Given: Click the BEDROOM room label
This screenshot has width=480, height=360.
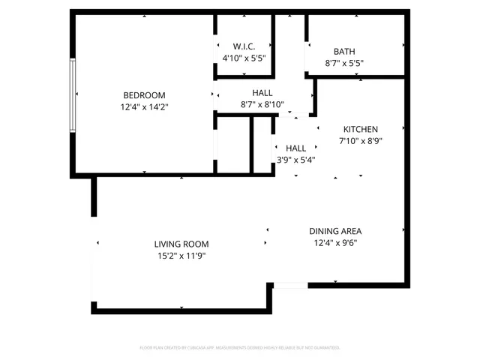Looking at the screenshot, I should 144,95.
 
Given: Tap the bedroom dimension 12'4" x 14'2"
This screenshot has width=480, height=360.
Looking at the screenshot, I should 144,107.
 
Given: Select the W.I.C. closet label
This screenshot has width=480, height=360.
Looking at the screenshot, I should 244,46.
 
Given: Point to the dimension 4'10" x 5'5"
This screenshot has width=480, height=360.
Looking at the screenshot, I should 244,58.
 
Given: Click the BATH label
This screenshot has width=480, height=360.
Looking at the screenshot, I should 344,52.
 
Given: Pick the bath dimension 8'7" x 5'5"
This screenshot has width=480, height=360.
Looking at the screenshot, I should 344,63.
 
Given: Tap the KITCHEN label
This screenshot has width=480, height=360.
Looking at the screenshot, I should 361,129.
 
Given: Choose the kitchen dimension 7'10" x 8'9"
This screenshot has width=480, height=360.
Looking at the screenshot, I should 361,140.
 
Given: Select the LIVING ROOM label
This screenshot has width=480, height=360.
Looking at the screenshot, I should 181,244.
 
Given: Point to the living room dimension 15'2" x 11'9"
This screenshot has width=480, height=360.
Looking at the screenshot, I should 181,256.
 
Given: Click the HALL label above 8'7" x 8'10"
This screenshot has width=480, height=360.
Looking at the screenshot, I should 262,93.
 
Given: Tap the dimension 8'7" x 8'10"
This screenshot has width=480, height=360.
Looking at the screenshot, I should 262,104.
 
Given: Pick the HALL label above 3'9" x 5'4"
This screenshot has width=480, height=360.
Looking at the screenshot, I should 295,148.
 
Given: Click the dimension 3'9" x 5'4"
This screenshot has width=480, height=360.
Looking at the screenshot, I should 295,159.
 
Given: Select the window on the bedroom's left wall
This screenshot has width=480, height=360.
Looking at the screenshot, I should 73,95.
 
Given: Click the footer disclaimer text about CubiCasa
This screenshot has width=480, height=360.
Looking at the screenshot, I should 240,348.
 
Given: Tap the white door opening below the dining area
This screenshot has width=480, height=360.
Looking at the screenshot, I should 289,285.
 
